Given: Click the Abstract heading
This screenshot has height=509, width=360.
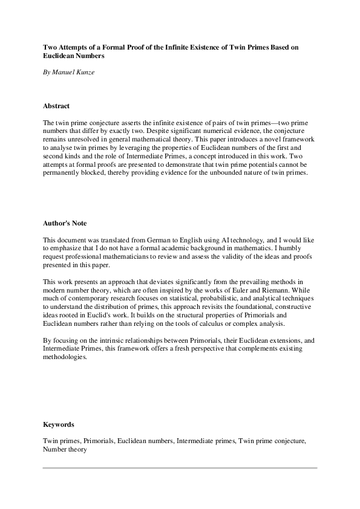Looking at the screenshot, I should (56, 106).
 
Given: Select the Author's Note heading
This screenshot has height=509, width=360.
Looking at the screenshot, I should (65, 223).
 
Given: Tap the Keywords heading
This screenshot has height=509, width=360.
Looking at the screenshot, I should (58, 424).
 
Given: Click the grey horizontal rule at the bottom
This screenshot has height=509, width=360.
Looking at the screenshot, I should (180, 467).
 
